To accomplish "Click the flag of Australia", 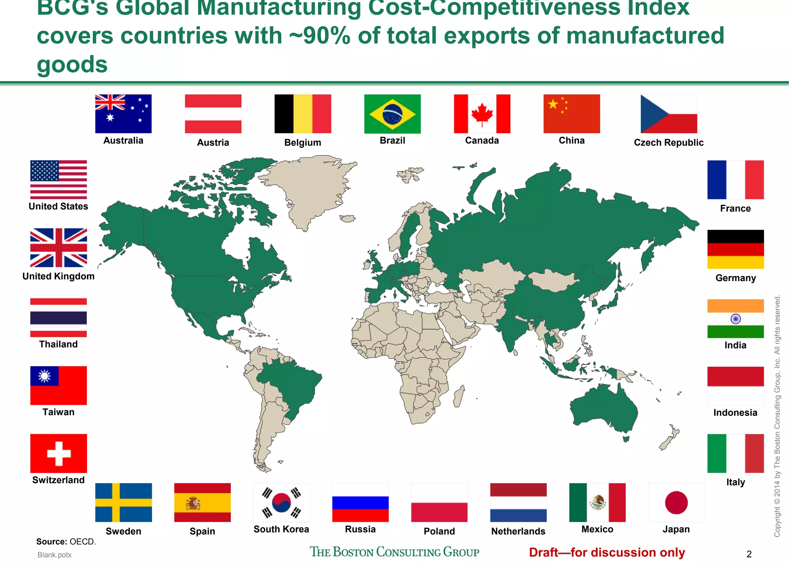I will pos(123,114).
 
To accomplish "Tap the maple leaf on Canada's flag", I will pos(482,114).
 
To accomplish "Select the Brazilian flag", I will pos(392,114).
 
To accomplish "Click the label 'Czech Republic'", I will pos(668,142).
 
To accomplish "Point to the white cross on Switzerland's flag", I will pos(59,453).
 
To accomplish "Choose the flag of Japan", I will pos(676,503).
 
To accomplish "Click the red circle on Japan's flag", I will pos(676,503).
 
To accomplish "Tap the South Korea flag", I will pos(281,503).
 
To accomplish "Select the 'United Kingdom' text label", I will pos(59,276).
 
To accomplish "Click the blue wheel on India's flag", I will pos(735,319).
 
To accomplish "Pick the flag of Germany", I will pos(735,249).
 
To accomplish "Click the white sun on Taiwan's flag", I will pos(44,376).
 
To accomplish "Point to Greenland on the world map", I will pos(308,185).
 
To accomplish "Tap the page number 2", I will pos(749,554).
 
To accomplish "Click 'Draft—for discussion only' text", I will pos(607,552).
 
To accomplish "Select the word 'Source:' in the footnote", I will pos(52,541).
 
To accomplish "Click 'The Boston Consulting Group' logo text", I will pos(394,552).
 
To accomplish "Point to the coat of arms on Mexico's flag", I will pos(598,502).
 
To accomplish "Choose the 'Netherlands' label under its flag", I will pos(518,531).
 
